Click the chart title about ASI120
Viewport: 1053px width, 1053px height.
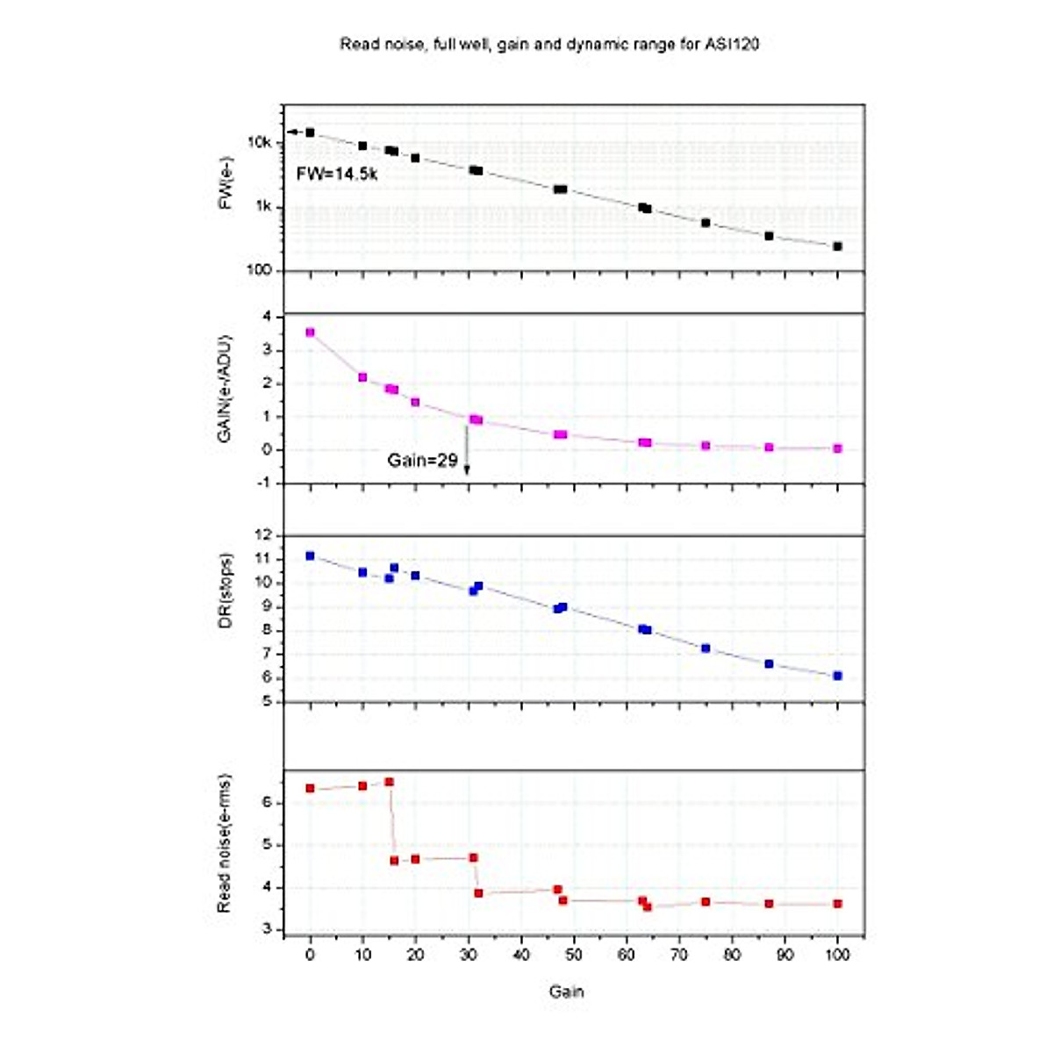pyautogui.click(x=549, y=44)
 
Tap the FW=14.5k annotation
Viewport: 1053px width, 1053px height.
pyautogui.click(x=337, y=174)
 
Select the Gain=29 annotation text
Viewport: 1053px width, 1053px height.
pyautogui.click(x=422, y=460)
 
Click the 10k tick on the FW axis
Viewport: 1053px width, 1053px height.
pyautogui.click(x=260, y=142)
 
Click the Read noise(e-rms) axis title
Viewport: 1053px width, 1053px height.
pyautogui.click(x=225, y=843)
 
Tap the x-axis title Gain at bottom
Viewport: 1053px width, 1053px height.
pyautogui.click(x=566, y=992)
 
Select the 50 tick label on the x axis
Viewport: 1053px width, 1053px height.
pyautogui.click(x=574, y=955)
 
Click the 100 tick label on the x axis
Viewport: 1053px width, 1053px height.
pyautogui.click(x=837, y=955)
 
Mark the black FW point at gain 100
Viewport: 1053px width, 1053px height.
pyautogui.click(x=837, y=247)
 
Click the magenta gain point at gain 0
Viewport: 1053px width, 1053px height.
pyautogui.click(x=310, y=333)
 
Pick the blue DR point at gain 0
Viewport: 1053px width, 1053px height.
pyautogui.click(x=310, y=555)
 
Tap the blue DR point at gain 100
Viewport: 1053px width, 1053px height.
pyautogui.click(x=837, y=676)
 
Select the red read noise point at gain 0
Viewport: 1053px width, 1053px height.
pyautogui.click(x=310, y=788)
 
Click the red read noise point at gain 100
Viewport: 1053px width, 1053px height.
pyautogui.click(x=837, y=904)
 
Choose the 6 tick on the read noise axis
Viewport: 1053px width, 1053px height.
pyautogui.click(x=269, y=803)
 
